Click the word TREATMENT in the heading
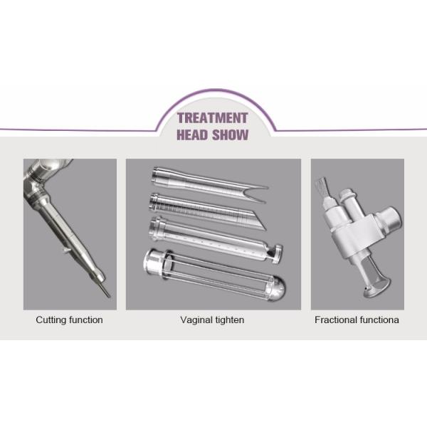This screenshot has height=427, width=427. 212,118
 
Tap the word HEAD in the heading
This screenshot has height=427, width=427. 194,135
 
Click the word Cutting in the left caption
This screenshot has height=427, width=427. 52,320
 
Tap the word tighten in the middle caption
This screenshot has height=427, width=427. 229,320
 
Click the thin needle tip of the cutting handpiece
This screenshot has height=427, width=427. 107,291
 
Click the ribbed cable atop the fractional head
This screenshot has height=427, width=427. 324,184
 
